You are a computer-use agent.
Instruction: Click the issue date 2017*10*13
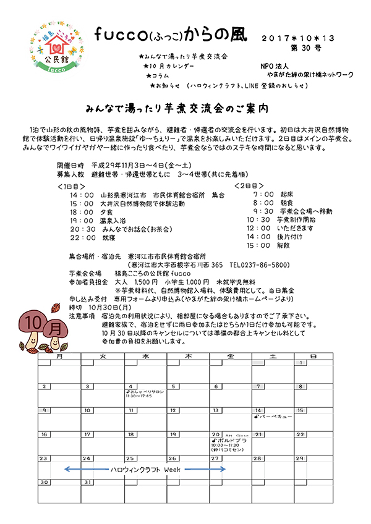pos(299,38)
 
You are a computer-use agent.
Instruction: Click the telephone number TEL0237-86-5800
pos(260,264)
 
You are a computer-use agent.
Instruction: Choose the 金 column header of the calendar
pos(231,357)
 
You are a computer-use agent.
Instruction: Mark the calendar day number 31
pos(88,482)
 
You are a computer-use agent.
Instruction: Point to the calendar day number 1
pos(300,363)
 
